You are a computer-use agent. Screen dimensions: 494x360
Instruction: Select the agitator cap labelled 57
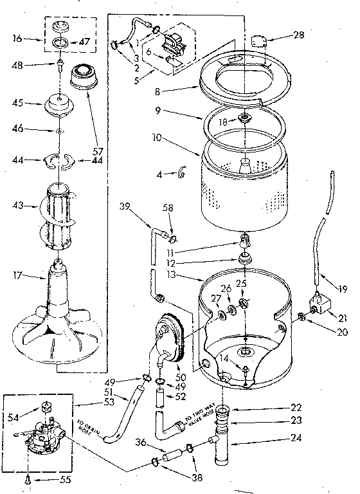pos(83,77)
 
